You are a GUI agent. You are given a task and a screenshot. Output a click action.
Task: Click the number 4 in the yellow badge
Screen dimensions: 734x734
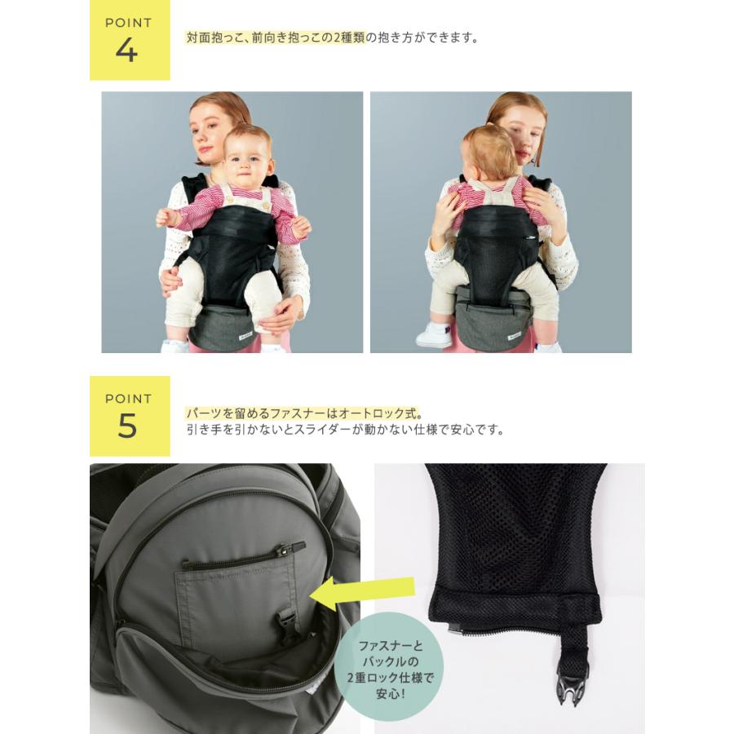(127, 50)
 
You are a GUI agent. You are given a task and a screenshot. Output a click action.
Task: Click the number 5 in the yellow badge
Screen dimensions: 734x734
(127, 425)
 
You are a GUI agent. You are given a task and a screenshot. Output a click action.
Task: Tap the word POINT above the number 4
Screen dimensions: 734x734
(128, 23)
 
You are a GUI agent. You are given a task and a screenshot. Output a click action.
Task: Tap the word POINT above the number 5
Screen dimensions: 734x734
(128, 399)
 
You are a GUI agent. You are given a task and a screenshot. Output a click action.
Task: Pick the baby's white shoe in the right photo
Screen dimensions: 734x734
(435, 334)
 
